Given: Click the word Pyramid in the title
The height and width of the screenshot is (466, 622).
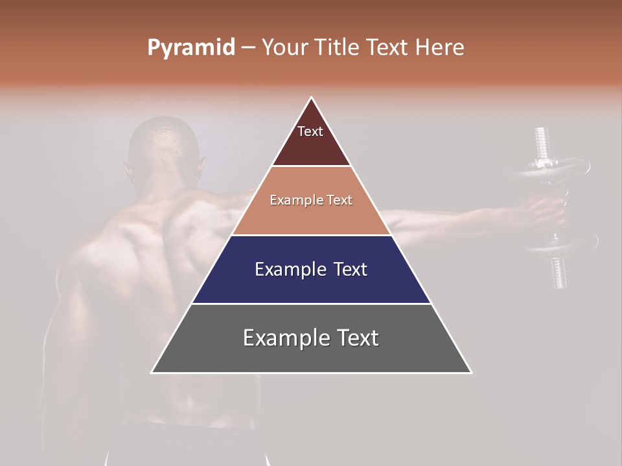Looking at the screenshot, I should pos(190,48).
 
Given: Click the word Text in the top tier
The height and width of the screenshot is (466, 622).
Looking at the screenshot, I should pos(310,131).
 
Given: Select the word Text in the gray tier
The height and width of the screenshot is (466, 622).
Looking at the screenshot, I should pos(356,338).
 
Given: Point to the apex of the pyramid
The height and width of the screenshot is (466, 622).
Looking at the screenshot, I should pos(312,98).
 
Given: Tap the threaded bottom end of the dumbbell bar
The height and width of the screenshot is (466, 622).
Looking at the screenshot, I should pos(559,272).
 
